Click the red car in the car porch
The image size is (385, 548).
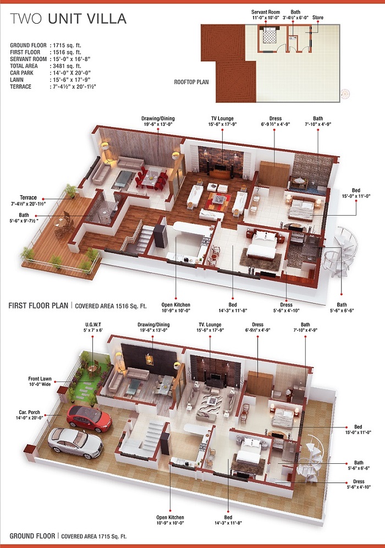tap(89, 418)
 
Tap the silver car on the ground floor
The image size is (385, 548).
tap(75, 443)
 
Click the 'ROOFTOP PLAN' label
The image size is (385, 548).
tap(191, 82)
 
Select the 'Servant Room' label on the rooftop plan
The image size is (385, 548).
tap(266, 12)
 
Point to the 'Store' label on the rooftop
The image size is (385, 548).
tap(317, 18)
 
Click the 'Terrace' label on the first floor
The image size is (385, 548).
tap(28, 198)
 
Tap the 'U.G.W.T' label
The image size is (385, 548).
tap(93, 324)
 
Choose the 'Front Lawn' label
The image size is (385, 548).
tap(40, 379)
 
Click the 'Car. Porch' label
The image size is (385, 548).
tap(29, 413)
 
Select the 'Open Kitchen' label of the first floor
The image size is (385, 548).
tap(176, 305)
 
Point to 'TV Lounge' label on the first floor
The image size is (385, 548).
tap(222, 118)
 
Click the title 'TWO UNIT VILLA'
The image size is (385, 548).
tap(68, 19)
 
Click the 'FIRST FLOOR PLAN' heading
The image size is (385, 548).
tap(38, 305)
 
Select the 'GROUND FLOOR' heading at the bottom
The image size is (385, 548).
tap(32, 536)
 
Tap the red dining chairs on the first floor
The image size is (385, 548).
tap(151, 178)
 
